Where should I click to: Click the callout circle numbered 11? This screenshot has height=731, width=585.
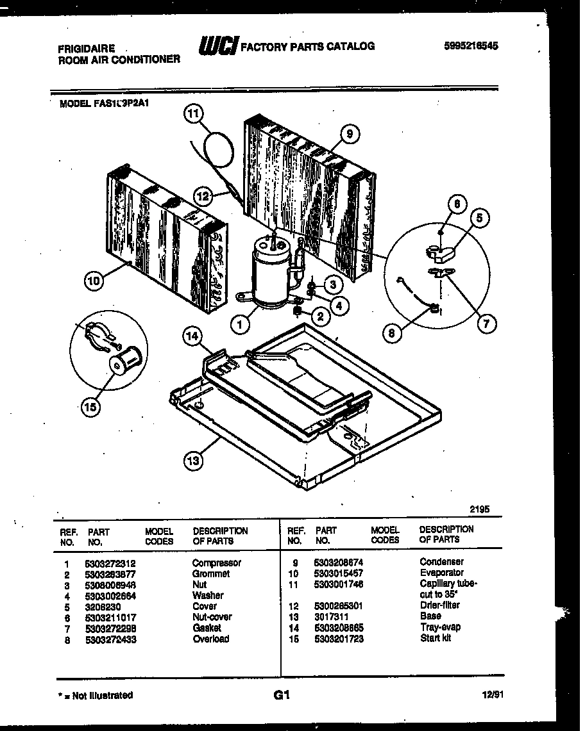[193, 115]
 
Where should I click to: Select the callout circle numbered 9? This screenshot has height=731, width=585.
[349, 134]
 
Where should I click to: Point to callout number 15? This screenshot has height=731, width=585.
[90, 407]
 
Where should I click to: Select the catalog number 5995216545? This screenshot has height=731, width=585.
[471, 46]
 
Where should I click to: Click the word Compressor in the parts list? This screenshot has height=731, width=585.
[216, 563]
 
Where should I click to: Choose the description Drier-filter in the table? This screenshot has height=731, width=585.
[439, 605]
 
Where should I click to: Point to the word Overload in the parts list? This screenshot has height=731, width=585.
[210, 639]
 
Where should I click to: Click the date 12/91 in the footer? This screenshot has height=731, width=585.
[493, 695]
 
